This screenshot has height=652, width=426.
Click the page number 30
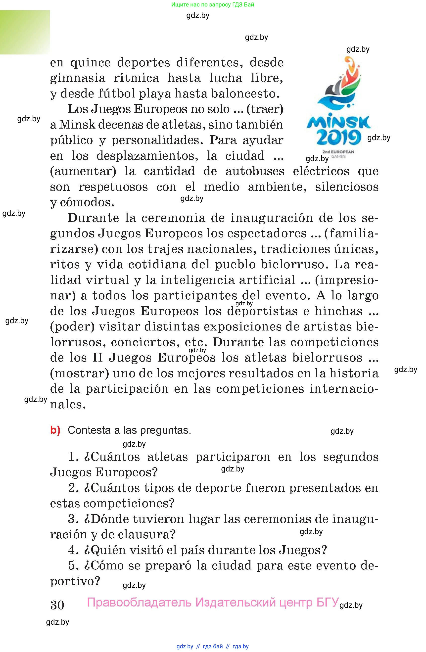[x=57, y=605]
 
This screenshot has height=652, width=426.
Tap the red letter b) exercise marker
[x=55, y=430]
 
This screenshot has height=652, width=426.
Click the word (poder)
[x=72, y=326]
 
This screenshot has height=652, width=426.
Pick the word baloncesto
[x=245, y=94]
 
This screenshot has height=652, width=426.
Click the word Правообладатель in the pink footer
[x=139, y=602]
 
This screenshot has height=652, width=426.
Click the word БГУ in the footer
[x=327, y=602]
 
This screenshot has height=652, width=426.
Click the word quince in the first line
[x=91, y=63]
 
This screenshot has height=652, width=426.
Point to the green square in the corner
[x=25, y=32]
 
